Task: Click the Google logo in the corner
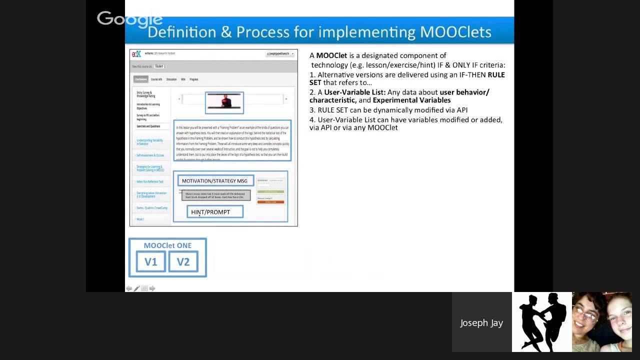point(129,19)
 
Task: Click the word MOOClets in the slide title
point(455,32)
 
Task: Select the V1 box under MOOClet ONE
point(150,262)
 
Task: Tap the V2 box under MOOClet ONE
point(183,262)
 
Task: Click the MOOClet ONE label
point(167,245)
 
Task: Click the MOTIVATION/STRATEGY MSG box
point(215,181)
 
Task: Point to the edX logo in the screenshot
point(136,54)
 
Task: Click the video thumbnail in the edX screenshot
point(224,102)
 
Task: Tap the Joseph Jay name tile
point(481,322)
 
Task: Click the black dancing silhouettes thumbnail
point(541,322)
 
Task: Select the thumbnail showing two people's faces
point(601,322)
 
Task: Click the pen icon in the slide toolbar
point(136,288)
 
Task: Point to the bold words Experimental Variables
point(411,100)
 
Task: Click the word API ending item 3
point(462,110)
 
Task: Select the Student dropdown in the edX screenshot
point(160,66)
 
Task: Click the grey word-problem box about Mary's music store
point(215,195)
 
